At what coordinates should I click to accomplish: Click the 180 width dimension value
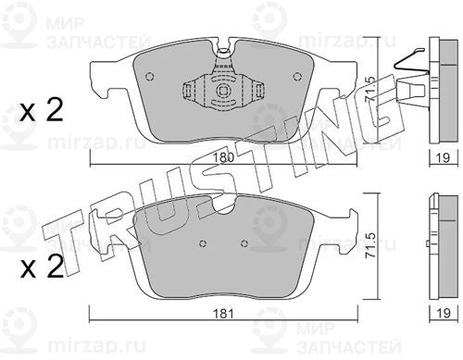click(223, 157)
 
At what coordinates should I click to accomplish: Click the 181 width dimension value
click(223, 314)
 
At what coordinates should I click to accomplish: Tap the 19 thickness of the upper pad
click(444, 157)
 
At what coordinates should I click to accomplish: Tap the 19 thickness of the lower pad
click(444, 314)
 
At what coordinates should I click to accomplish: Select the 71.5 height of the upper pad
click(369, 90)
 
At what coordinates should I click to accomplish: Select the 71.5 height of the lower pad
click(370, 245)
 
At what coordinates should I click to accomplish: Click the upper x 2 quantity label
click(41, 110)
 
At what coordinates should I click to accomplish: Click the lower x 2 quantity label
click(42, 267)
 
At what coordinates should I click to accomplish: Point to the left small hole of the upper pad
click(149, 77)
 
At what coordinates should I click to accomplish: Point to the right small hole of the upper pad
click(297, 76)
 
